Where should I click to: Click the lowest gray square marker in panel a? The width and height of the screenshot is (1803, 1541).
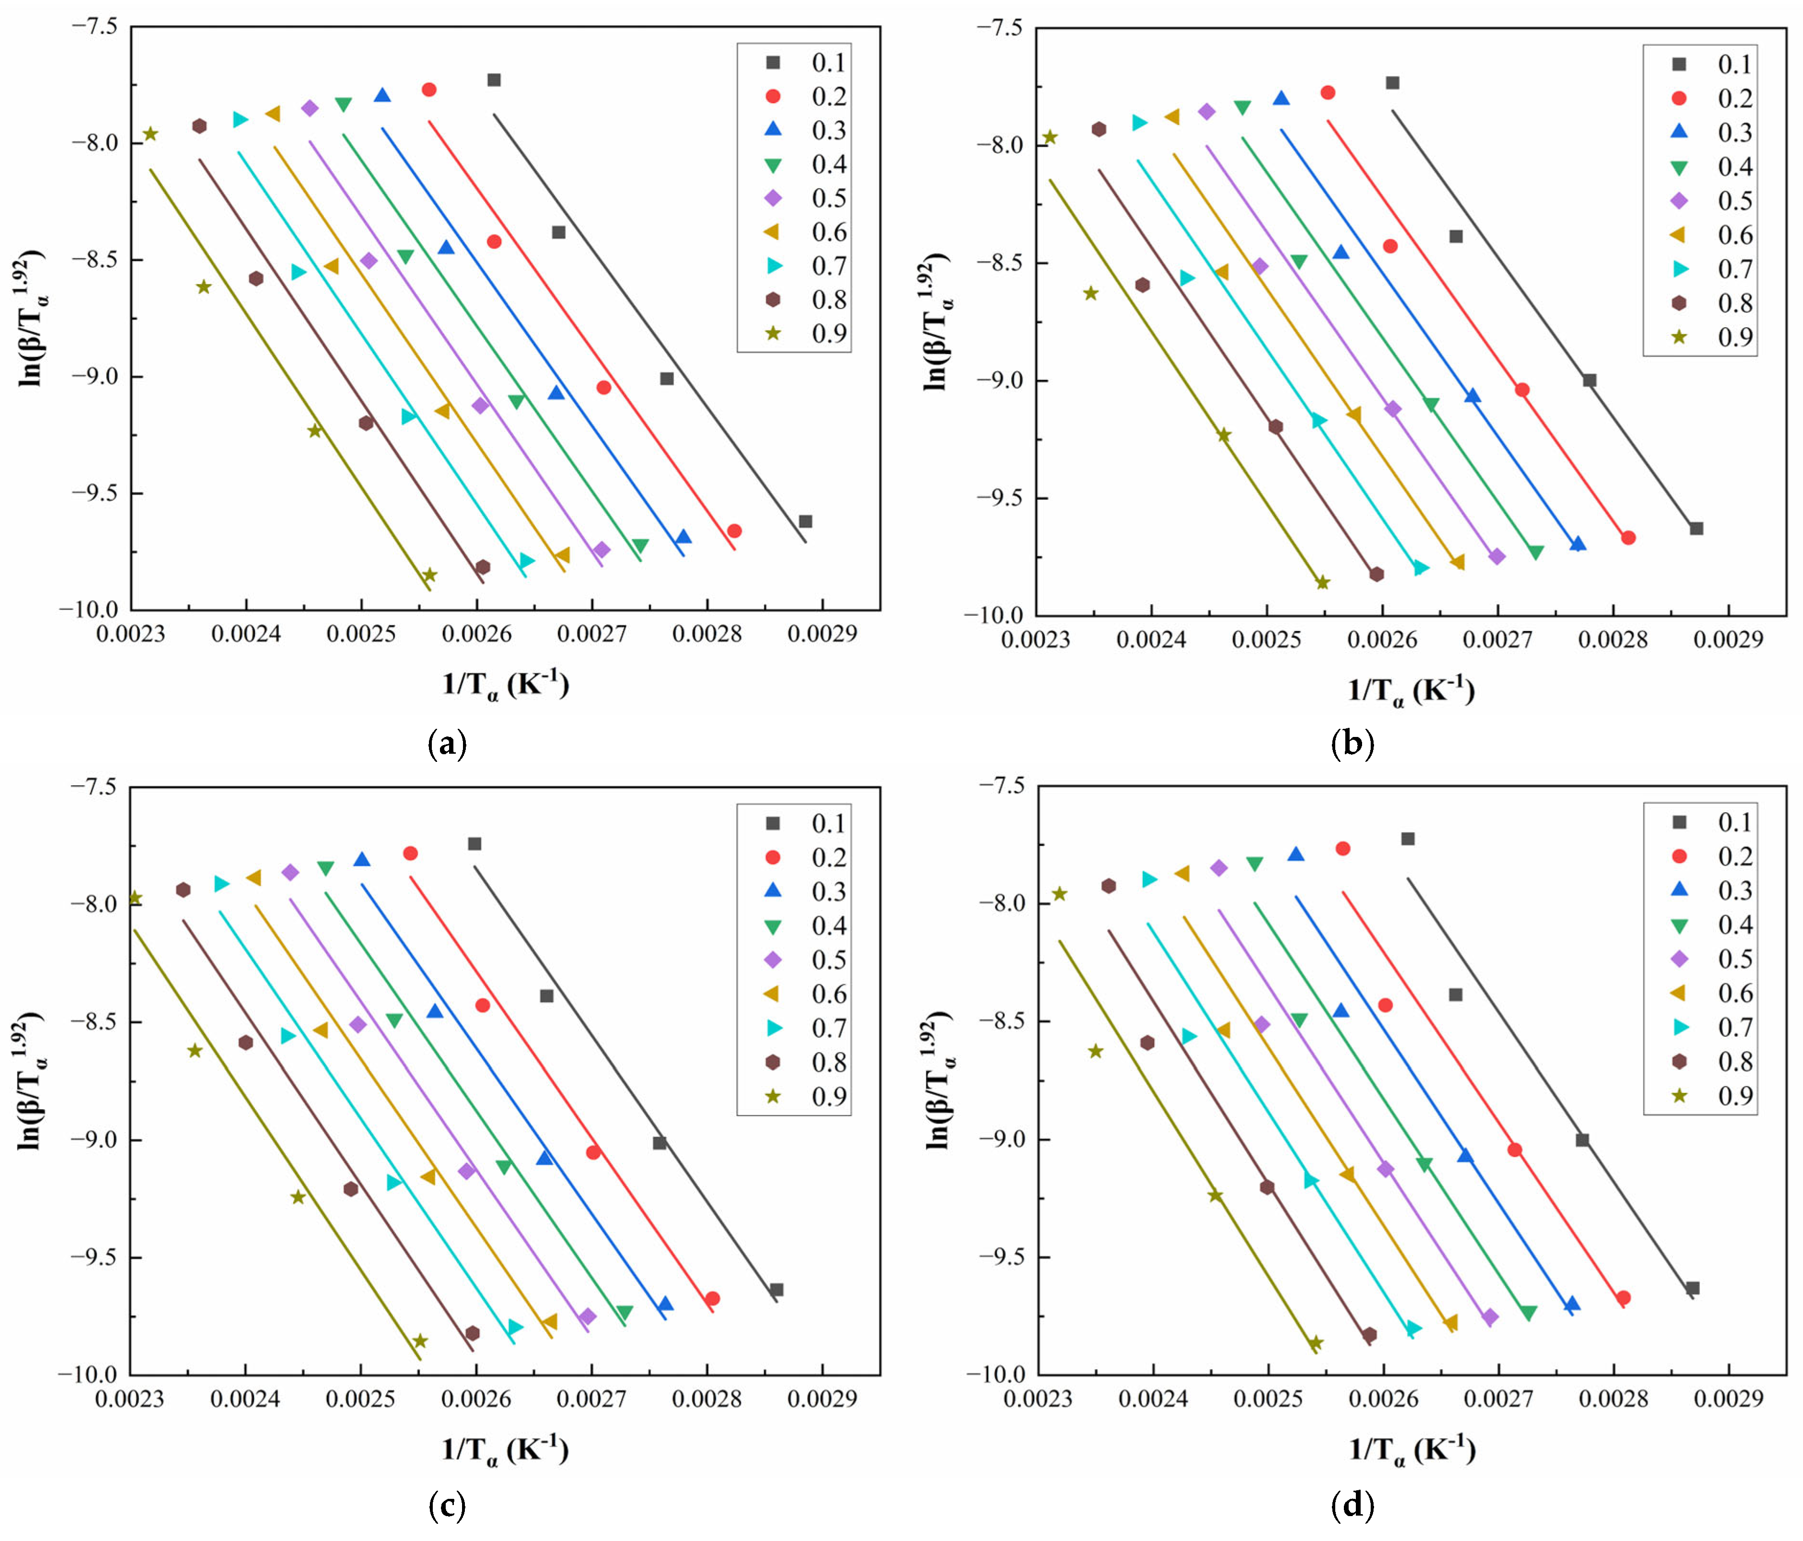tap(805, 521)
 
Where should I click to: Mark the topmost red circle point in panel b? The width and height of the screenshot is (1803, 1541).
tap(1328, 92)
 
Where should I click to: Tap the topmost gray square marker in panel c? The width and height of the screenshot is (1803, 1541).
tap(474, 843)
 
